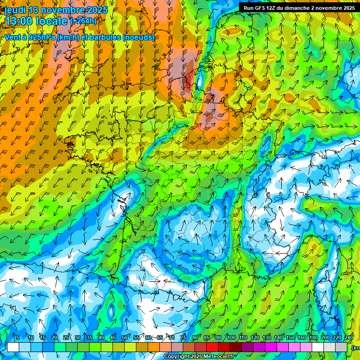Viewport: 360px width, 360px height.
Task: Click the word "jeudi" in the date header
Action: (15, 10)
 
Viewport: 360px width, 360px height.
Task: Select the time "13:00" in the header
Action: (20, 22)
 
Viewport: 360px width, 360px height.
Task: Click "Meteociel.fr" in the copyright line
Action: (219, 357)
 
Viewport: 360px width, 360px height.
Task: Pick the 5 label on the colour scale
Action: (17, 338)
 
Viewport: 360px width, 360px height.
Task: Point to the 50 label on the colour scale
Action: (125, 338)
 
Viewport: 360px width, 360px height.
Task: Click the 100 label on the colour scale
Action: (231, 338)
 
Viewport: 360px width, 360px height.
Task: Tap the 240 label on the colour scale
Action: (349, 338)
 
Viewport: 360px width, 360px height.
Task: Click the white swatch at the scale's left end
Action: (13, 347)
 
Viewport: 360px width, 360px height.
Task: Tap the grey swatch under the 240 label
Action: (342, 347)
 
